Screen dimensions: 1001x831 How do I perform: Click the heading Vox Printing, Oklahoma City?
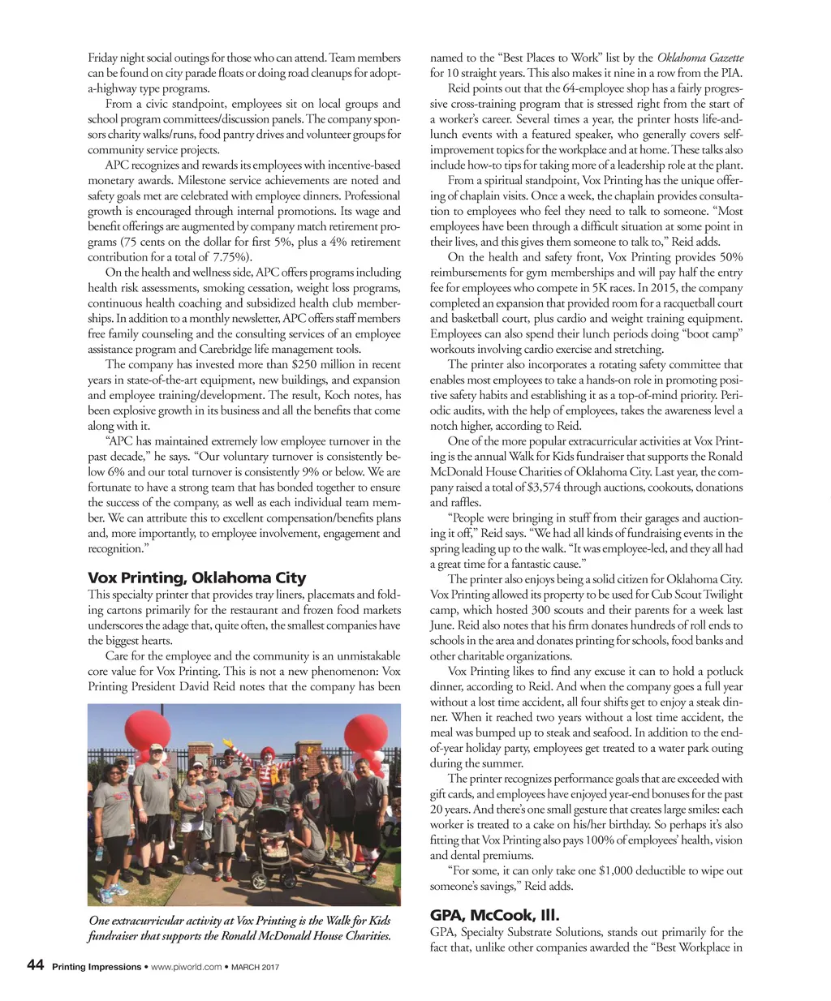coord(196,578)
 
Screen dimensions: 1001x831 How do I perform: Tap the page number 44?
coord(35,965)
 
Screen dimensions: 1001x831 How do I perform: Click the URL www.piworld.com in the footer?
coord(186,967)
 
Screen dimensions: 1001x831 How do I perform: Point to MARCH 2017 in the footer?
coord(255,967)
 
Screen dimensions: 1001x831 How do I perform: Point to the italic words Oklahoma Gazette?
coord(700,58)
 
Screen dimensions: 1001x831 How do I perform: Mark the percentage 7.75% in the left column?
coord(215,257)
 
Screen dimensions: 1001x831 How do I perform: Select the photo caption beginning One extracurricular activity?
coord(240,928)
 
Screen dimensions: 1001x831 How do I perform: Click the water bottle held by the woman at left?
coord(99,852)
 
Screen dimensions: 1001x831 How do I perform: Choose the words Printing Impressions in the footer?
coord(95,967)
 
